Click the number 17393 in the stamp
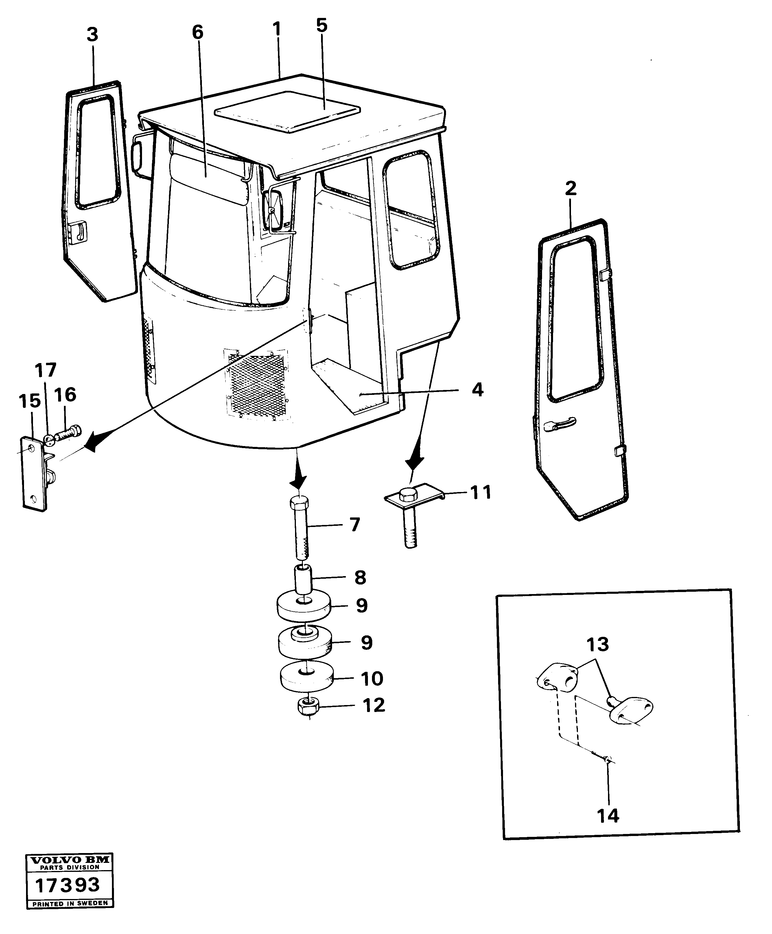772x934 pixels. (x=68, y=884)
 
